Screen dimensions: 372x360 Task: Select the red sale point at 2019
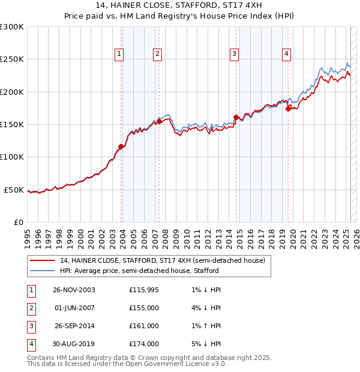[x=289, y=109]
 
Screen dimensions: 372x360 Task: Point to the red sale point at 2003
[x=121, y=146]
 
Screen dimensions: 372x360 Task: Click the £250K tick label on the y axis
[x=12, y=59]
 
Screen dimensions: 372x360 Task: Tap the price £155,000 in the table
[x=144, y=308]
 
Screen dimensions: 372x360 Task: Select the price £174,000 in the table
[x=144, y=344]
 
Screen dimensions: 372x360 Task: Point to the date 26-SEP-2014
[x=74, y=326]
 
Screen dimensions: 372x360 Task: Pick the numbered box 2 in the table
[x=31, y=308]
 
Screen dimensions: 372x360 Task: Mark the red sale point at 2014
[x=236, y=117]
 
